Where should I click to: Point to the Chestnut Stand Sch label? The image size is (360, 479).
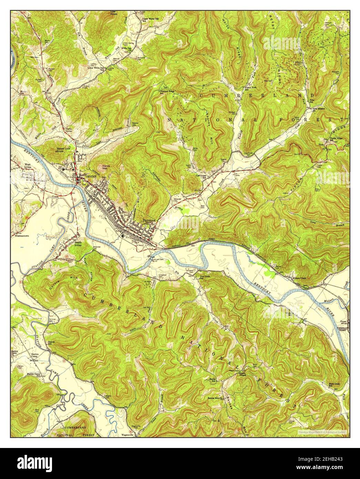click(166, 92)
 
